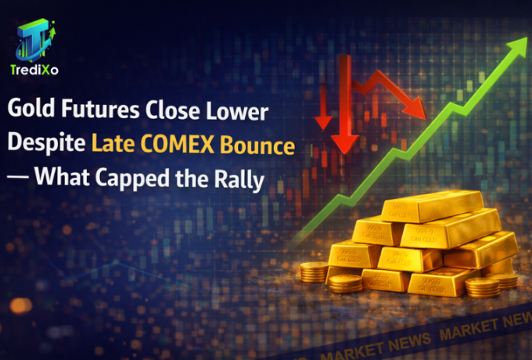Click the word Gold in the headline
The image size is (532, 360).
click(x=32, y=111)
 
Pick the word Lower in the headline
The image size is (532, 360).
click(x=238, y=111)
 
